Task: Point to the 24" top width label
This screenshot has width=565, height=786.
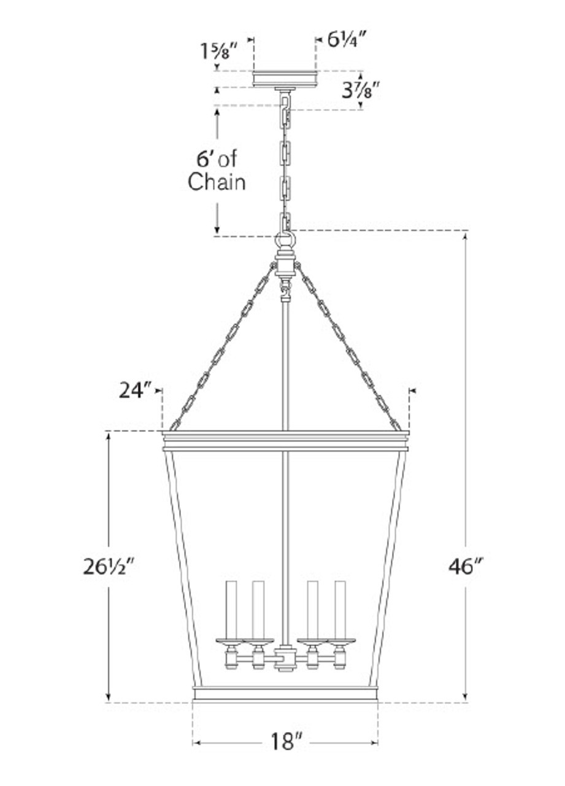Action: tap(135, 391)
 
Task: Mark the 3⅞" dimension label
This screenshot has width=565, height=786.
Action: tap(361, 90)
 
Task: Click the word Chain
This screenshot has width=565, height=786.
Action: tap(217, 182)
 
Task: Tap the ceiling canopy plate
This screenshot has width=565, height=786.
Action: tap(286, 79)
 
